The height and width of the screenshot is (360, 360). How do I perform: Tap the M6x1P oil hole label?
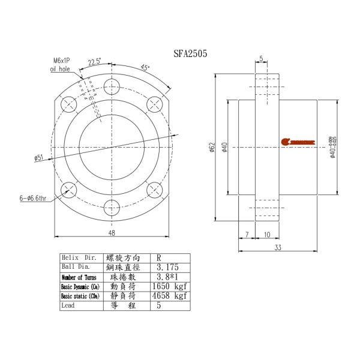[61, 65]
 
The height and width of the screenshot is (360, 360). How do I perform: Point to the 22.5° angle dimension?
[94, 62]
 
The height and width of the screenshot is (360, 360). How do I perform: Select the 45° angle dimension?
[145, 67]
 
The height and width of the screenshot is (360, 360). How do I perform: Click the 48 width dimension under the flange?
[112, 232]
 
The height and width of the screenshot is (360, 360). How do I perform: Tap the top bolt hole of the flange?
[112, 86]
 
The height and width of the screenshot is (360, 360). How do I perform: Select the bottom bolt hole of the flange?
[112, 208]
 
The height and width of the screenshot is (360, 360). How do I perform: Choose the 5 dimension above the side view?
[262, 59]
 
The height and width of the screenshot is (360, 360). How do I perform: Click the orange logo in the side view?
[298, 142]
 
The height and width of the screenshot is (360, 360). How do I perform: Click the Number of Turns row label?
[80, 277]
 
